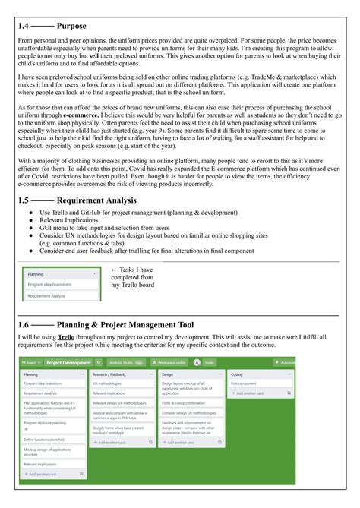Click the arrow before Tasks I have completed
[x=115, y=248]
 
